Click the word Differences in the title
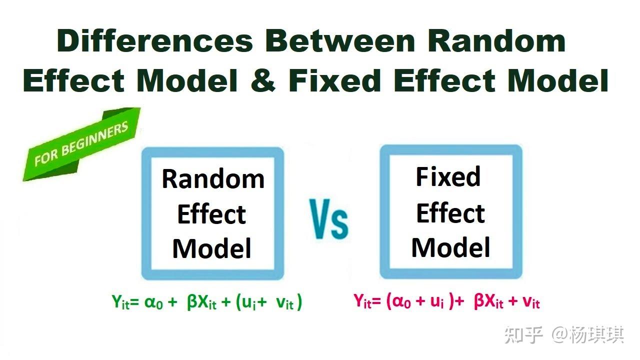pos(155,41)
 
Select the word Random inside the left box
pos(213,179)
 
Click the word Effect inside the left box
pos(211,214)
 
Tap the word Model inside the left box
pos(211,248)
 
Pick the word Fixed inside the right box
pos(448,177)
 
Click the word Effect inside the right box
pos(450,213)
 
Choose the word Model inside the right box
pos(450,247)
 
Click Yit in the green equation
pos(120,303)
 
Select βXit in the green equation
pos(201,303)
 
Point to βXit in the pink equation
pos(488,301)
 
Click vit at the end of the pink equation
pos(531,301)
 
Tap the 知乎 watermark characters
pos(523,334)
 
